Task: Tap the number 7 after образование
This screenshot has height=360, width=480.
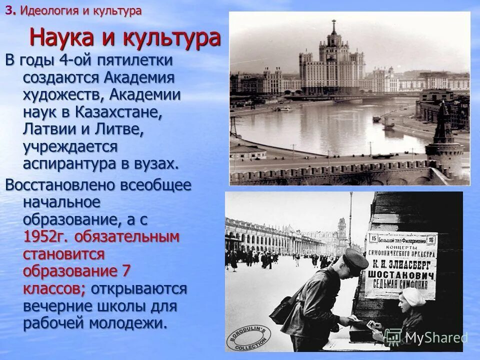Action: [126, 271]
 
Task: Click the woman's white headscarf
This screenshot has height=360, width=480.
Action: [413, 298]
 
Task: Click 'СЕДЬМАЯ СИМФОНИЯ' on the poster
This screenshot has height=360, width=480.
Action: [400, 286]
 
